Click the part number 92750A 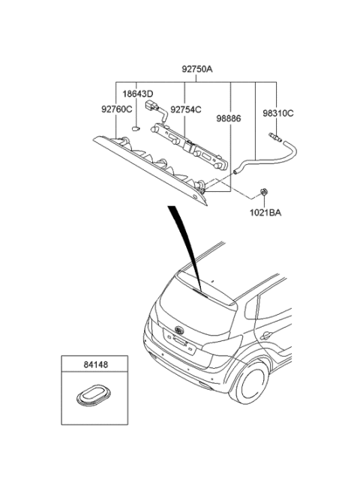tap(197, 69)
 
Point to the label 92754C tap(186, 109)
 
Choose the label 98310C tap(278, 113)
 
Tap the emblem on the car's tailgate tap(178, 331)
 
